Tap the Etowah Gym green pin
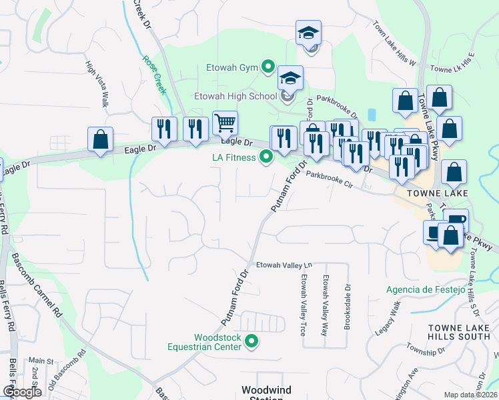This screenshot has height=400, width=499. (x=268, y=66)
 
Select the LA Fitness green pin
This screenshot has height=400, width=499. (x=266, y=157)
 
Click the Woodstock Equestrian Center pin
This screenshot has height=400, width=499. (x=252, y=341)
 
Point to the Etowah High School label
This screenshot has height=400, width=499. (x=235, y=96)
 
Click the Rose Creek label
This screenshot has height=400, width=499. (x=153, y=73)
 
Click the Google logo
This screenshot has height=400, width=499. (x=21, y=392)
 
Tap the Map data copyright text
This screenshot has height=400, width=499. (x=470, y=395)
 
